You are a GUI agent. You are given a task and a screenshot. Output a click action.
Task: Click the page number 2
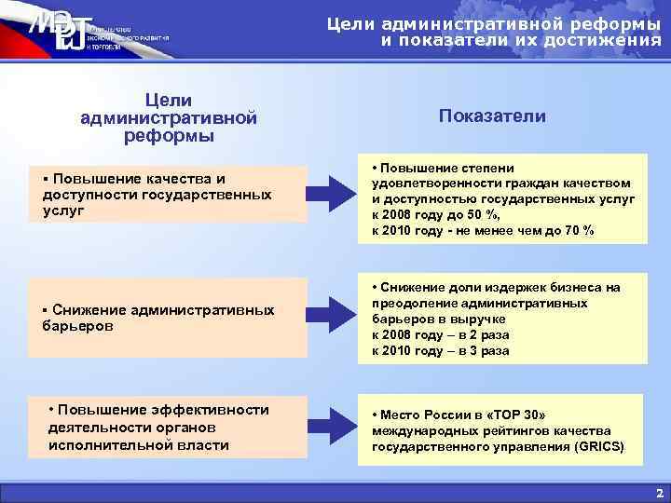point(658,491)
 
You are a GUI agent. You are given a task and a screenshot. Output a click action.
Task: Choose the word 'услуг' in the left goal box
point(63,211)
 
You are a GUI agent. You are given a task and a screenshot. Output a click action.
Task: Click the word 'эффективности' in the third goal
point(204,410)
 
